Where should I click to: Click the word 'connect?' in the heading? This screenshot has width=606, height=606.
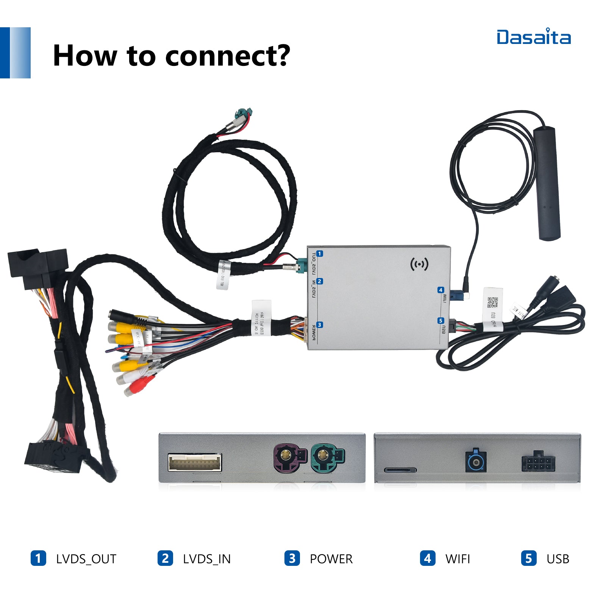click(x=228, y=56)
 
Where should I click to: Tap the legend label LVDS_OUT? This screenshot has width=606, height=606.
click(x=86, y=559)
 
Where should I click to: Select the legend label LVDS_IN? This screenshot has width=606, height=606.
click(x=207, y=559)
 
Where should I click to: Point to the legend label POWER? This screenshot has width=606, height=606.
click(x=331, y=559)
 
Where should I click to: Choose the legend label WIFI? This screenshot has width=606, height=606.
click(x=458, y=559)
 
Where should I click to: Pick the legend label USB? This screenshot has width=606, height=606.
click(x=558, y=559)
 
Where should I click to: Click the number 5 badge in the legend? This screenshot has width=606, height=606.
click(x=528, y=558)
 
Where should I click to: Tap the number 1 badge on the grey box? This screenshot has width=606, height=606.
click(x=320, y=254)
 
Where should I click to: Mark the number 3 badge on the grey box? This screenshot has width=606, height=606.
click(x=320, y=325)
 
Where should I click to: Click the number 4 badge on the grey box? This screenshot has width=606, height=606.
click(x=440, y=290)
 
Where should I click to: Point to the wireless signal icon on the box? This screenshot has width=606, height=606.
click(x=419, y=264)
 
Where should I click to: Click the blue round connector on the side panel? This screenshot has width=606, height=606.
click(x=476, y=461)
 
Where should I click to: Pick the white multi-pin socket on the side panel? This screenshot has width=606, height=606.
click(x=195, y=462)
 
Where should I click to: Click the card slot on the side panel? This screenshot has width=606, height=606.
click(x=400, y=470)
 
